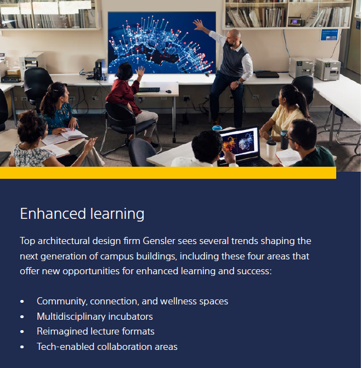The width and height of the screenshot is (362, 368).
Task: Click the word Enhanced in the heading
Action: click(x=53, y=213)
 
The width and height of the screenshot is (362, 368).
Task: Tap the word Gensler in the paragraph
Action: click(x=159, y=241)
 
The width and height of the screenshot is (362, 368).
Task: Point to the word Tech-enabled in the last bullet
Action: click(x=65, y=347)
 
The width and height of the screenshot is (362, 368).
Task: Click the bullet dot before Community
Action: click(x=22, y=302)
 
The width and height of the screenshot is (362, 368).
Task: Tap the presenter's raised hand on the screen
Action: click(x=199, y=25)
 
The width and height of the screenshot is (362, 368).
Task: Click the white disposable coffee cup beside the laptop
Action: click(x=271, y=150)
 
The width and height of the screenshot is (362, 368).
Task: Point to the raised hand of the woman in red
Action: click(x=140, y=71)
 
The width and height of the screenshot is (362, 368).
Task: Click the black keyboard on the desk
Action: click(x=149, y=89)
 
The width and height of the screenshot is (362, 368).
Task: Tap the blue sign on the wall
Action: click(x=329, y=35)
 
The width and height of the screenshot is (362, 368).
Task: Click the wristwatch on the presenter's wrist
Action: click(x=239, y=82)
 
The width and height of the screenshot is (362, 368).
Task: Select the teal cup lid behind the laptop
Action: click(x=217, y=128)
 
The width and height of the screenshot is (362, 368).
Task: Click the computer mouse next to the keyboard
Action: click(x=168, y=91)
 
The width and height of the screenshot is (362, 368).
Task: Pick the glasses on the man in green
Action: click(x=291, y=138)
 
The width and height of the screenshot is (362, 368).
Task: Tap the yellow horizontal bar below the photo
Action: click(x=168, y=173)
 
